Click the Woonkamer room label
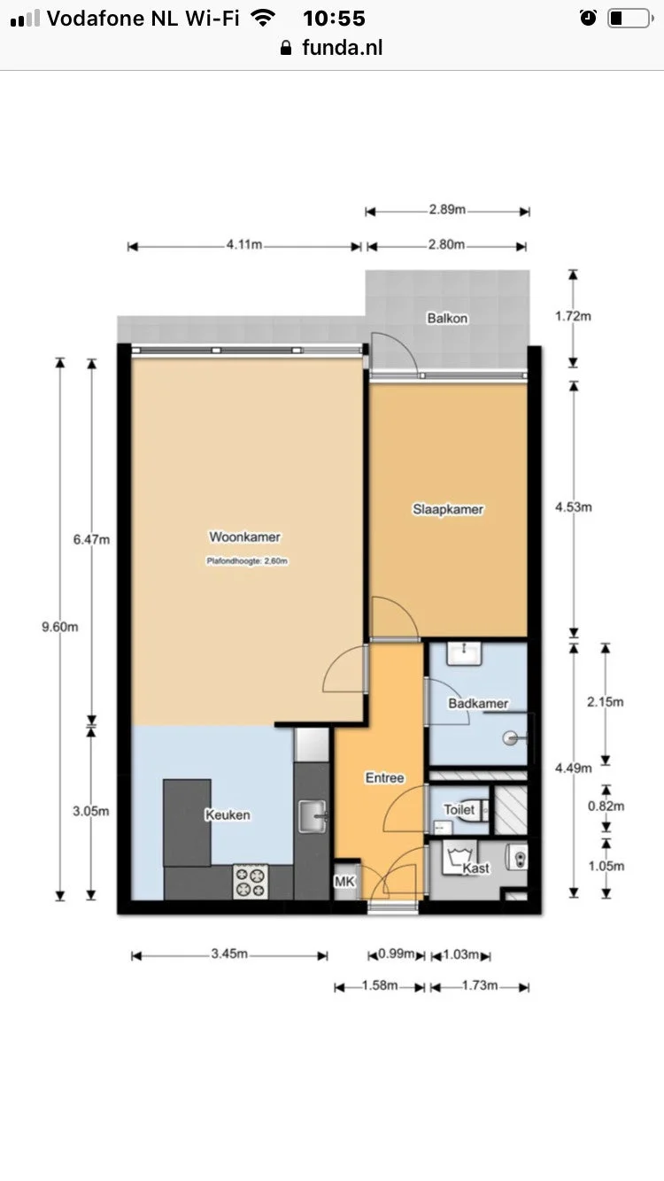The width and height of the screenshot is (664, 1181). point(244,536)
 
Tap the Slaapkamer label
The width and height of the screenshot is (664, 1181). point(448,509)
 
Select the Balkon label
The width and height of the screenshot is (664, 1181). point(447,318)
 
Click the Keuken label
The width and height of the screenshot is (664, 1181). point(228,814)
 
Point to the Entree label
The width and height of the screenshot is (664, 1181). point(385,778)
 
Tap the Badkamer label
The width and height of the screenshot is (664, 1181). point(478,704)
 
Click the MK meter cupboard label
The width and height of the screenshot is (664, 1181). point(344,882)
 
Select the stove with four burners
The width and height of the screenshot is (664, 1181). point(250,881)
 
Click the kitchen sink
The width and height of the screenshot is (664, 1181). point(312,815)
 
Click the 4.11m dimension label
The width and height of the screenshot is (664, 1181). point(244,245)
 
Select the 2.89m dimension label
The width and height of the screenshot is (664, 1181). point(447,211)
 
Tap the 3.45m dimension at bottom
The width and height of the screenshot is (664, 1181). point(229,954)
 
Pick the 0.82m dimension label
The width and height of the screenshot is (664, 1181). point(606,806)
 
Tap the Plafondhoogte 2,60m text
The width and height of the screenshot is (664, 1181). point(248,560)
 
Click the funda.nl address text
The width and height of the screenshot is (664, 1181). point(342,49)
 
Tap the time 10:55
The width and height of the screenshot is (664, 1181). point(334,18)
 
